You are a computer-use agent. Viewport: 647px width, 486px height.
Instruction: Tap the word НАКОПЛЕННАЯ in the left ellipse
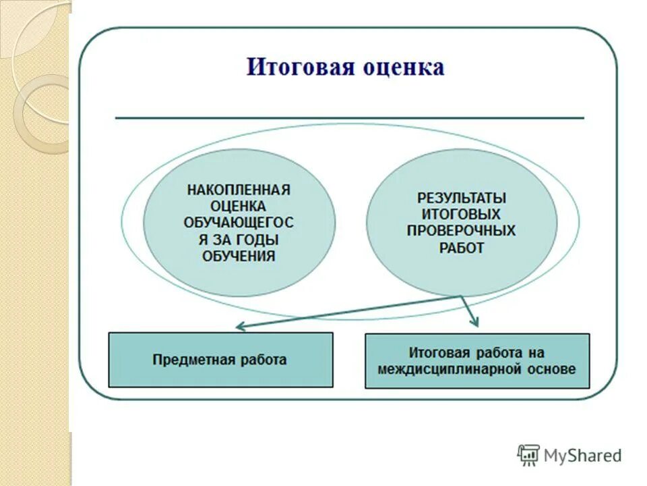click(x=239, y=190)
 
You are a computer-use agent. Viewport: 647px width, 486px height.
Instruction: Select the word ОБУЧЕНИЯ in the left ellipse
click(x=239, y=256)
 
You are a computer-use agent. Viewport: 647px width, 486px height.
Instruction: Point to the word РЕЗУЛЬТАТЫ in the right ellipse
click(x=462, y=198)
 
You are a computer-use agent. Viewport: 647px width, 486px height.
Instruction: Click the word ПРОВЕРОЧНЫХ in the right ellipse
click(x=462, y=231)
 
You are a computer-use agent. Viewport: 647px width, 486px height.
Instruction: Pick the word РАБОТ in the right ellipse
click(x=462, y=248)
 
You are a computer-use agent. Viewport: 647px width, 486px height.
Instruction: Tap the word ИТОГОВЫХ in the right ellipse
click(x=462, y=214)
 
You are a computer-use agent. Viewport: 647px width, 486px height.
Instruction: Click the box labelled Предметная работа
click(x=220, y=360)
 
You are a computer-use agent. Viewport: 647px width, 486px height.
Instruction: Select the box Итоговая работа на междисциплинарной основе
click(x=476, y=360)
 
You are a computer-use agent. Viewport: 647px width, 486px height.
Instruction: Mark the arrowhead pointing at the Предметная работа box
click(x=240, y=327)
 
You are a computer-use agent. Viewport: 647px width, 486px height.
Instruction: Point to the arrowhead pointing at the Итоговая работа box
click(x=474, y=322)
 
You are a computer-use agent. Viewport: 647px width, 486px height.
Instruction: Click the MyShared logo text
click(x=582, y=456)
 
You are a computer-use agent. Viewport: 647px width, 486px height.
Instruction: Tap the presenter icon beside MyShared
click(x=528, y=456)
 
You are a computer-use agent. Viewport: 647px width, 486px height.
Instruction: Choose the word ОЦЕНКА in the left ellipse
click(x=239, y=206)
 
